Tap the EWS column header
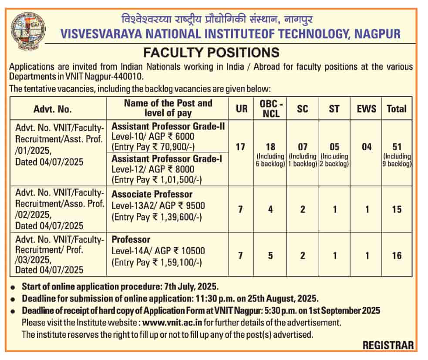click(x=367, y=109)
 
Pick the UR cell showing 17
click(x=240, y=147)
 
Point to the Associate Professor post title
click(x=152, y=194)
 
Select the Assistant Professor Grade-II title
click(x=168, y=126)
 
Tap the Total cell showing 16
click(x=396, y=256)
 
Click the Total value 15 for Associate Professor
click(x=396, y=209)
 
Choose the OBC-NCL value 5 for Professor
click(x=270, y=256)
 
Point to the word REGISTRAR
click(x=388, y=345)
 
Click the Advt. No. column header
click(x=53, y=109)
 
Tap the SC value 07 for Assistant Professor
click(x=303, y=147)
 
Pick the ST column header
click(x=334, y=109)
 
